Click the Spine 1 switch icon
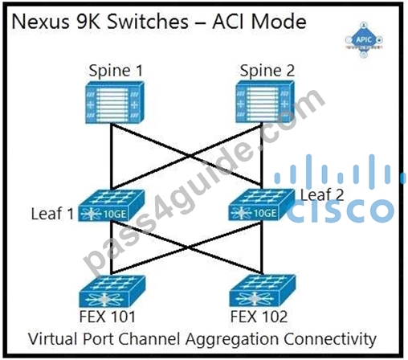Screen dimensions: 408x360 [x=115, y=102]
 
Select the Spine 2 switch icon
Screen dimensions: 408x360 [x=265, y=102]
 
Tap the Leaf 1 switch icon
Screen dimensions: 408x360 [x=112, y=206]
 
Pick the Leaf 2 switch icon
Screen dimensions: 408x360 [x=262, y=205]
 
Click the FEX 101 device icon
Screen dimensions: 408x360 [x=112, y=291]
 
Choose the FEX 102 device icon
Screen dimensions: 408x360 [x=263, y=290]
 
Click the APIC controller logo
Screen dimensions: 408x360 [x=364, y=40]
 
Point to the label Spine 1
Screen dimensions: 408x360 [x=116, y=71]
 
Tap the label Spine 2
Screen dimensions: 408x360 [x=267, y=71]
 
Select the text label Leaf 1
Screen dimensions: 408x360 [x=52, y=214]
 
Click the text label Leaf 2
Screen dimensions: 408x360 [x=322, y=194]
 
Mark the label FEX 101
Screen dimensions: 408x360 [x=108, y=317]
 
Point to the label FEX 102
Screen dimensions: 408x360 [x=259, y=317]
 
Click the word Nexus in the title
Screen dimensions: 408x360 [x=40, y=22]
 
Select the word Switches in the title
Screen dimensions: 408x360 [x=148, y=22]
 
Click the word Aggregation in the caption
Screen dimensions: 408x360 [x=232, y=339]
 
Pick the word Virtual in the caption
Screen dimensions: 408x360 [x=53, y=339]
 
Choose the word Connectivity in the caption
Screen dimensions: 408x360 [x=330, y=339]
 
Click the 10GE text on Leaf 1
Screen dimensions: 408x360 [x=115, y=214]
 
